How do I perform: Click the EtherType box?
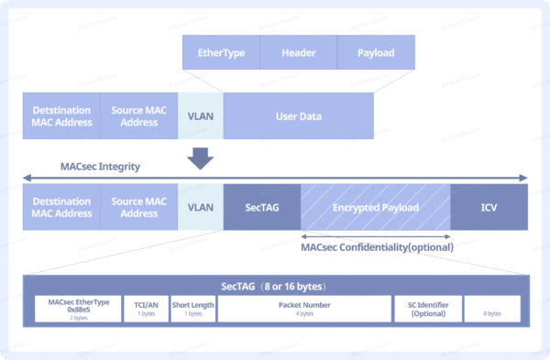point(221,52)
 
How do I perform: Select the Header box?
point(299,52)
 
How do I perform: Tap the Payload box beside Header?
point(376,52)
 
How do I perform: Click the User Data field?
point(298,116)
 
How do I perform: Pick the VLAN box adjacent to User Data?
point(200,116)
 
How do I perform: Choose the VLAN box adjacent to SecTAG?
point(200,207)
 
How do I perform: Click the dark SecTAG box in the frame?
point(262,207)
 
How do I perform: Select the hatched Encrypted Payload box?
point(376,207)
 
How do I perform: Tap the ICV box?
point(489,207)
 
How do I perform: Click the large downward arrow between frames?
point(200,159)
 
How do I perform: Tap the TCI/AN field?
point(146,309)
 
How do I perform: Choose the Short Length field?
point(192,309)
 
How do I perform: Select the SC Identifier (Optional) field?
point(426,309)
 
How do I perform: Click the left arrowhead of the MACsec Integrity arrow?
point(26,178)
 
